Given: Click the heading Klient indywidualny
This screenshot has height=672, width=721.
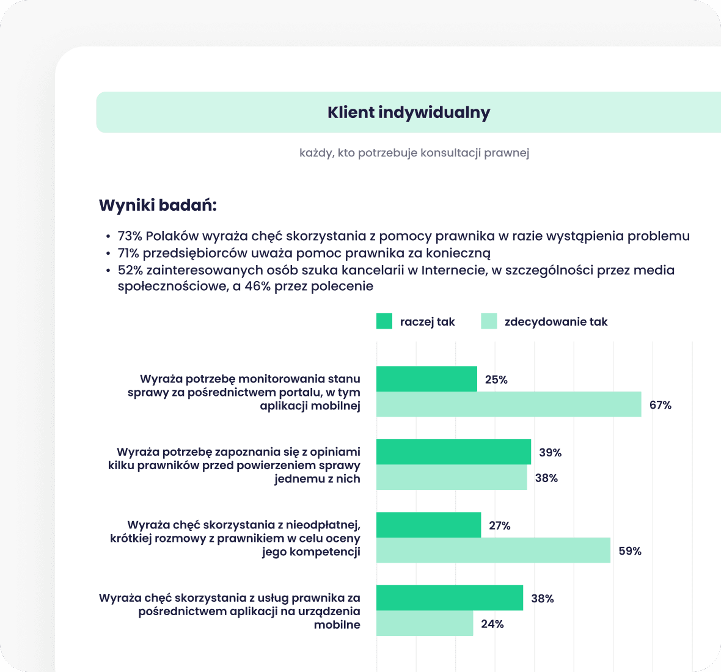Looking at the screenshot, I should (x=409, y=113).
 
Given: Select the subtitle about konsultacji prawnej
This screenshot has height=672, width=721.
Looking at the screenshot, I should (x=414, y=153).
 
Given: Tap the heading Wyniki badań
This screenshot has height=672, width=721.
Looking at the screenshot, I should (x=158, y=205).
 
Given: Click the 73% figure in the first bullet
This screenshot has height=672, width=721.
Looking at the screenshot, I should (x=130, y=236).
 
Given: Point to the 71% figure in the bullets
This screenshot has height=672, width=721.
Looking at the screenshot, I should (x=128, y=253).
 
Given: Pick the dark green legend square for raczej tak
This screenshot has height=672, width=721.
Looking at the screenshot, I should (x=384, y=321).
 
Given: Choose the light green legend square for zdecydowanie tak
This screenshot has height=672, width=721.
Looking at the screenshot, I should (x=489, y=321).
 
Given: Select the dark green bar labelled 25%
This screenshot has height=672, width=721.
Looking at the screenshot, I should (x=426, y=379).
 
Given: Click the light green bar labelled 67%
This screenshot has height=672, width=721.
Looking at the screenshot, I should (x=508, y=404).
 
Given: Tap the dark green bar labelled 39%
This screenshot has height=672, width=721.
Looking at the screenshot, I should (x=453, y=452).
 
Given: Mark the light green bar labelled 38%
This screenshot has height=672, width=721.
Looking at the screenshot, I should (x=452, y=478).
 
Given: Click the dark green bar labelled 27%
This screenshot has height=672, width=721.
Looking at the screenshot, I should (x=428, y=525).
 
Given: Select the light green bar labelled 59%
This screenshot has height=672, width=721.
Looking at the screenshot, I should (x=493, y=550).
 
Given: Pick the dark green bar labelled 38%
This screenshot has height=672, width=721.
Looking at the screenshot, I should (x=450, y=598).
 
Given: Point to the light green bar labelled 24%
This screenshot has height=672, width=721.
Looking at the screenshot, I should (x=425, y=624).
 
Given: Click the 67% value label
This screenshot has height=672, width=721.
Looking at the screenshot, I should (x=661, y=405).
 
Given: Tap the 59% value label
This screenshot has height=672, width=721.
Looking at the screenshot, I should (x=630, y=551).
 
